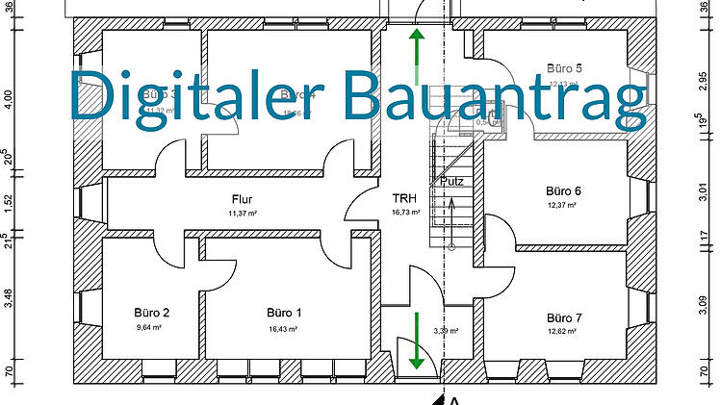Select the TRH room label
pyautogui.click(x=402, y=200)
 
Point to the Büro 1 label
pyautogui.click(x=284, y=313)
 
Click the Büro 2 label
pyautogui.click(x=152, y=313)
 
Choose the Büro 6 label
pyautogui.click(x=563, y=190)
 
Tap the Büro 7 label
pyautogui.click(x=564, y=317)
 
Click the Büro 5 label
pyautogui.click(x=564, y=68)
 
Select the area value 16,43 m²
pyautogui.click(x=283, y=328)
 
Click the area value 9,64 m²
pyautogui.click(x=152, y=328)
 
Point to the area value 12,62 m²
pyautogui.click(x=562, y=331)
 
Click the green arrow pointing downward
pyautogui.click(x=417, y=342)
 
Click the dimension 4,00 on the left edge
pyautogui.click(x=9, y=99)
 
